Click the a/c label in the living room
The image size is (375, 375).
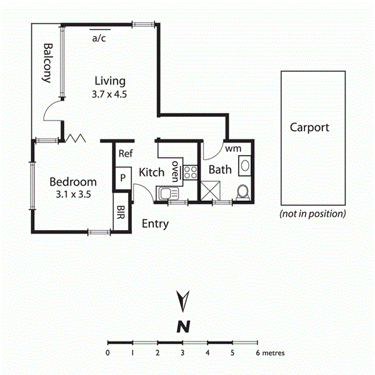click(99, 38)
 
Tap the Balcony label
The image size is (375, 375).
click(46, 63)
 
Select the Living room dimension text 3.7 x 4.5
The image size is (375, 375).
click(110, 95)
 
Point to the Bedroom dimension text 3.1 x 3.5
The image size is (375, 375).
click(73, 194)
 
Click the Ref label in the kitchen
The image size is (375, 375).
click(125, 153)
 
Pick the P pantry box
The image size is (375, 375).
click(123, 177)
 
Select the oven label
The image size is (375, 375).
click(176, 171)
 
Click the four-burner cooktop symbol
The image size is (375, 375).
click(190, 171)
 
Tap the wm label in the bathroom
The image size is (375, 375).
click(232, 149)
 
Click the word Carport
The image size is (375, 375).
click(309, 127)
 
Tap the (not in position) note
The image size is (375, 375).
click(312, 214)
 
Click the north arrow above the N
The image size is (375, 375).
click(182, 301)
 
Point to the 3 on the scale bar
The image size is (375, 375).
click(182, 353)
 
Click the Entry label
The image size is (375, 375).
click(155, 224)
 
